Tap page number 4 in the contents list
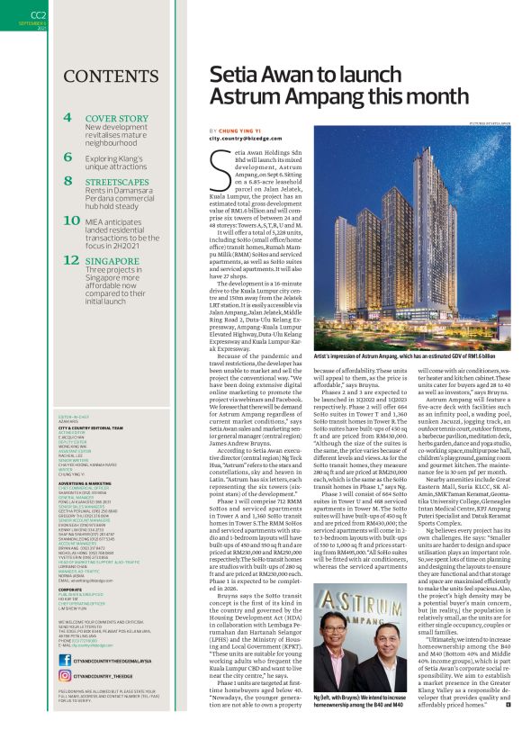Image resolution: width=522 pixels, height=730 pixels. point(67,119)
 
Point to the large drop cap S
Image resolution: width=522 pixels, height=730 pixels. point(217,167)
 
